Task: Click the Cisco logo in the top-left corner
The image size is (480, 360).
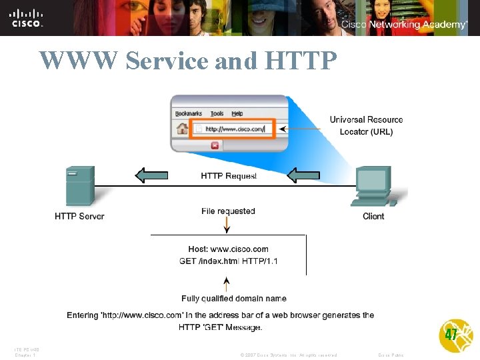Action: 27,18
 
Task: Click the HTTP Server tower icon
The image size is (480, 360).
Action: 79,186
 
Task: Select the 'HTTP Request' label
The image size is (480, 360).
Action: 229,176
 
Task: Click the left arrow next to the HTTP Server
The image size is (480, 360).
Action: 151,175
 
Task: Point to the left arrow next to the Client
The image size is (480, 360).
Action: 303,175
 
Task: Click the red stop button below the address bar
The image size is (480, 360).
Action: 215,145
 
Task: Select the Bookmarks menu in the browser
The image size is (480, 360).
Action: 189,113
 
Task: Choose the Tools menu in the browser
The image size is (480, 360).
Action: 217,113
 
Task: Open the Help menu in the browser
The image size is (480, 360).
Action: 237,113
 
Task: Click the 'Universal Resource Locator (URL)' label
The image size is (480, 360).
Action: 366,125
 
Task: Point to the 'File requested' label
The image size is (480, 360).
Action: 228,211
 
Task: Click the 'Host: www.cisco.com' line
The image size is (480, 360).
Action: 229,249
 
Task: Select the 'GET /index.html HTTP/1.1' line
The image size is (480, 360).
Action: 229,261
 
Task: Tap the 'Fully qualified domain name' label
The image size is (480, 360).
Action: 234,299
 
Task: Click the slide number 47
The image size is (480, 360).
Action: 451,335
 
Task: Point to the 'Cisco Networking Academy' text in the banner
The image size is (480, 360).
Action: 404,25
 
